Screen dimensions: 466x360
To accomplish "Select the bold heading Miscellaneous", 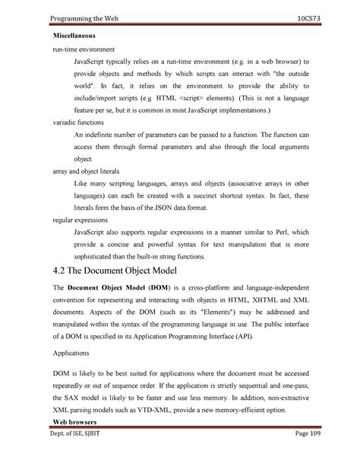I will click(78, 36).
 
